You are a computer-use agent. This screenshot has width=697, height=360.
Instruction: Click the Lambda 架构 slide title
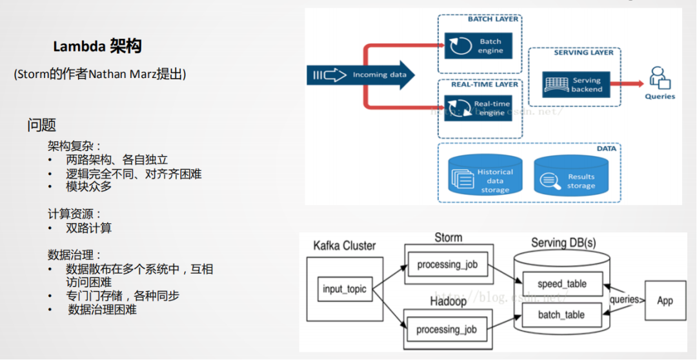pos(97,46)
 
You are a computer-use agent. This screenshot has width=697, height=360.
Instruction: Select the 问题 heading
pos(41,125)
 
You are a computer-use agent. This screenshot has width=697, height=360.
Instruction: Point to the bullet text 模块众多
pos(88,186)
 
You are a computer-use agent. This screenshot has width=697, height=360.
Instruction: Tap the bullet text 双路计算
pos(88,228)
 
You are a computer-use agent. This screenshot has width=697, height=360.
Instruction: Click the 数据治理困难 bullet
pos(102,310)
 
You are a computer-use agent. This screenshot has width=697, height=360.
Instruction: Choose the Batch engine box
pos(478,46)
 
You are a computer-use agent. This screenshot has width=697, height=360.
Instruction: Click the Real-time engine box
pos(478,108)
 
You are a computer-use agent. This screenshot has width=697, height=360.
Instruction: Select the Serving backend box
pos(573,84)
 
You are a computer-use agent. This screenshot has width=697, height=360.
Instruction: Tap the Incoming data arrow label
pos(379,75)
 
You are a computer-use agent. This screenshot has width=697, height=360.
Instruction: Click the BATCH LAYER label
pos(493,19)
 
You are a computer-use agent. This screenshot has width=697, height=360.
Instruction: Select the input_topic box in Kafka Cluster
pos(345,289)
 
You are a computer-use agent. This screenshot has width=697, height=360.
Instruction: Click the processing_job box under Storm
pos(447,265)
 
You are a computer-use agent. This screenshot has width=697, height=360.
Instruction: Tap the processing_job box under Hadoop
pos(447,329)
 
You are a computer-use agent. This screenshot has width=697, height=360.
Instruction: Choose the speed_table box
pos(561,285)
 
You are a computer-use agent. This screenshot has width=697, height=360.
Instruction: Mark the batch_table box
pos(561,314)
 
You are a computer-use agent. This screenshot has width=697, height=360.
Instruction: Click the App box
pos(665,300)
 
